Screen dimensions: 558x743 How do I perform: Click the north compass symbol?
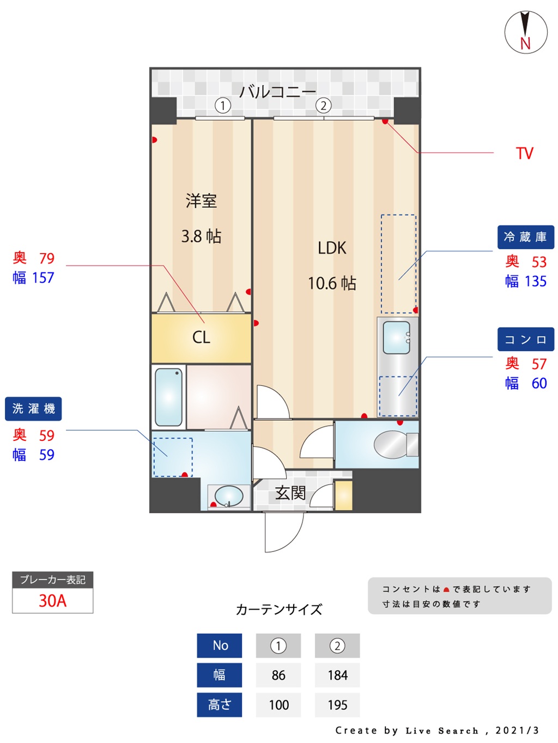pyautogui.click(x=525, y=32)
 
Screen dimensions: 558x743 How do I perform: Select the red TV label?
pyautogui.click(x=524, y=153)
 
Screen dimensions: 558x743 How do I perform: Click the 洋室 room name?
pyautogui.click(x=201, y=201)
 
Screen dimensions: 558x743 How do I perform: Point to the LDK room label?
pyautogui.click(x=332, y=248)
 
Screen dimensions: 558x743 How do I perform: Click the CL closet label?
pyautogui.click(x=201, y=337)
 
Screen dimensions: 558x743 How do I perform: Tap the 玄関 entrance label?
pyautogui.click(x=290, y=493)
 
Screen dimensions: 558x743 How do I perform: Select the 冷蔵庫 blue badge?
pyautogui.click(x=525, y=237)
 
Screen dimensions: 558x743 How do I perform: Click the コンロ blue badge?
pyautogui.click(x=525, y=339)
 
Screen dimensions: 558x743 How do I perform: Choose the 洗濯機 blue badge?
pyautogui.click(x=33, y=409)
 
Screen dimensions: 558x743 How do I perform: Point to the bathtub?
pyautogui.click(x=168, y=397)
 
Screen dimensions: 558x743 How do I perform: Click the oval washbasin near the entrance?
pyautogui.click(x=229, y=496)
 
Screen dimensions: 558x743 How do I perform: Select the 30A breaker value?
pyautogui.click(x=52, y=600)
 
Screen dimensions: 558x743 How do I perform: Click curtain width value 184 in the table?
pyautogui.click(x=337, y=676)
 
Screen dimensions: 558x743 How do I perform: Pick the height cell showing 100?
pyautogui.click(x=278, y=705)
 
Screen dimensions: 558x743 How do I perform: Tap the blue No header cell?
pyautogui.click(x=220, y=646)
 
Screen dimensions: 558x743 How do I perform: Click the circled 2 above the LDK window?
pyautogui.click(x=323, y=106)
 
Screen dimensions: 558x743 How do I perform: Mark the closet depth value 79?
pyautogui.click(x=47, y=258)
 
